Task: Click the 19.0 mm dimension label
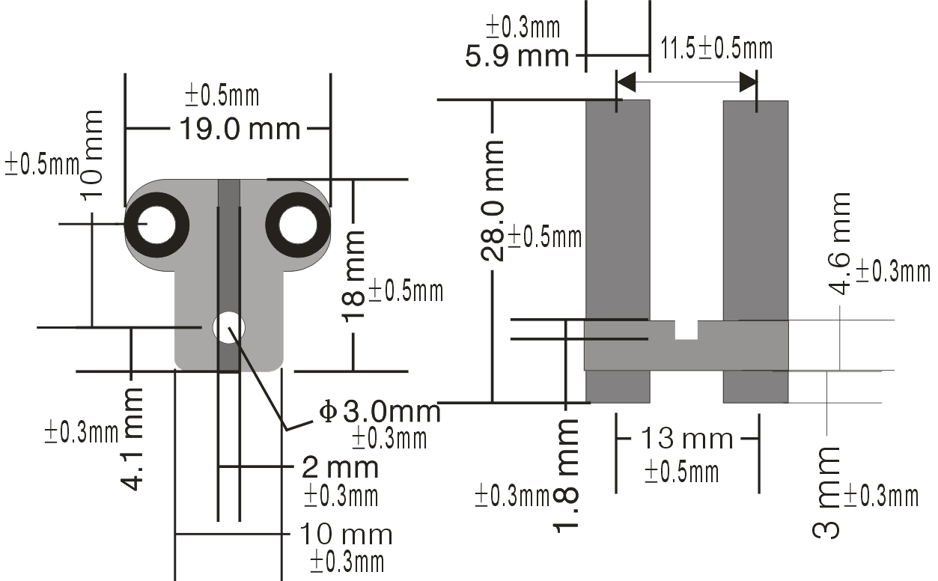click(x=240, y=129)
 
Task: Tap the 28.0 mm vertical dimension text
click(x=493, y=201)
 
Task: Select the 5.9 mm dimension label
click(x=517, y=56)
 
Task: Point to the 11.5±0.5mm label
click(x=716, y=48)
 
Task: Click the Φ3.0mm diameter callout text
click(x=380, y=411)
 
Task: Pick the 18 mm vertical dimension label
click(x=353, y=277)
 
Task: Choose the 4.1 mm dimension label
click(x=132, y=439)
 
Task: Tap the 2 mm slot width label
click(x=340, y=467)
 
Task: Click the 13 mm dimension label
click(x=687, y=439)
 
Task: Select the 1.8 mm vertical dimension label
click(x=567, y=476)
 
